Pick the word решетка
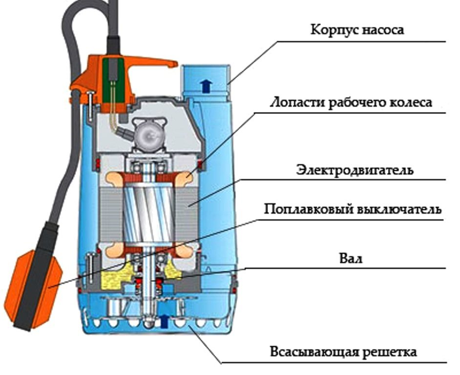(x=390, y=352)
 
